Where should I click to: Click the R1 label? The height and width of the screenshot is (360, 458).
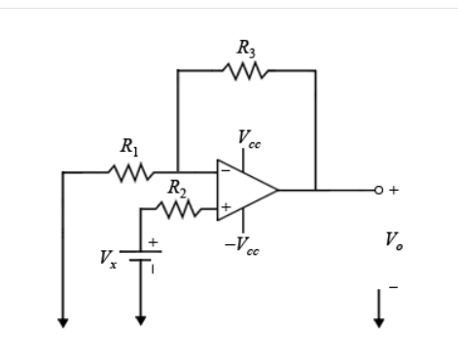point(129,149)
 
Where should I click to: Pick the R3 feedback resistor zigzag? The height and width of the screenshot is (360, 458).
point(244,70)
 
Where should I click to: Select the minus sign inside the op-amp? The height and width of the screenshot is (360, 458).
point(226,172)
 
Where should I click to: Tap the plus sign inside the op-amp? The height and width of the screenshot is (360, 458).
point(226,207)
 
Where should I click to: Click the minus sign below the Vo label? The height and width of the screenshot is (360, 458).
point(393,287)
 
